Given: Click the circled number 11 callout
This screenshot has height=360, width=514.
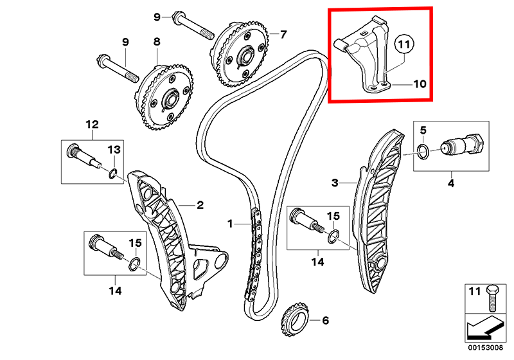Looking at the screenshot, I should point(402,45).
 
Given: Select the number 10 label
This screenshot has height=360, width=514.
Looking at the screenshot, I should point(420,84).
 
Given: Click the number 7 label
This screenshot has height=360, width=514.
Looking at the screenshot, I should point(283,33).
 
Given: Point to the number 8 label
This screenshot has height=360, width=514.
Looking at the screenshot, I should point(156,42).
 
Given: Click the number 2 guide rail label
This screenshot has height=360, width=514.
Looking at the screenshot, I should point(200,206).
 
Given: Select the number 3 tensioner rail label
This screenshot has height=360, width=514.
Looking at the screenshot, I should point(335,183).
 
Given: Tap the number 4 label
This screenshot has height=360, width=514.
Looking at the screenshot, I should point(451,184).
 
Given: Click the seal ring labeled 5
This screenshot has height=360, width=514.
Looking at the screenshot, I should point(421,151).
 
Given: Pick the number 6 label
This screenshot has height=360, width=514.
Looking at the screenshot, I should point(325,319).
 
